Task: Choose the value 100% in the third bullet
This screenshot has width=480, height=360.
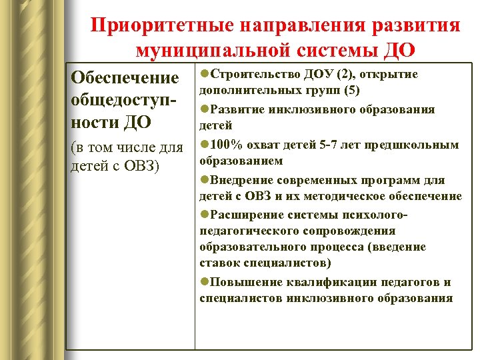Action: [225, 145]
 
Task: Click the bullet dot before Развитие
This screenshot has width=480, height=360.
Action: [204, 109]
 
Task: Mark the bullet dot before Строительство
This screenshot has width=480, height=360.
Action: [204, 74]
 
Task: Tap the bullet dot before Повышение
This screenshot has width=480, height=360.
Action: [204, 282]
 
